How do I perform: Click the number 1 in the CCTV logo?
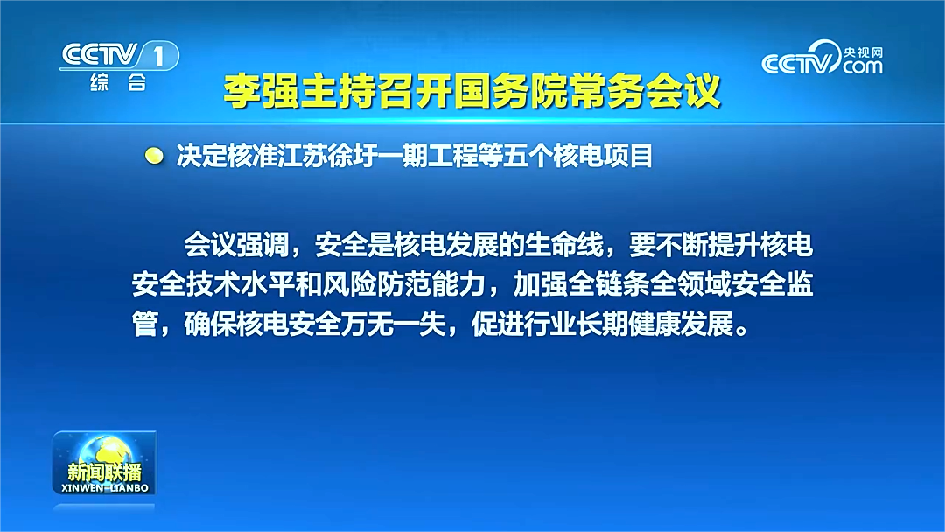(x=158, y=57)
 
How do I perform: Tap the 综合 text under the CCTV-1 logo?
(x=118, y=82)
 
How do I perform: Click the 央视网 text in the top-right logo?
(x=863, y=52)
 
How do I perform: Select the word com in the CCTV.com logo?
(x=863, y=66)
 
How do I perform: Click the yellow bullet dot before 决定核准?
(x=154, y=156)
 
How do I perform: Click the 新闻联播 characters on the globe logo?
(x=104, y=472)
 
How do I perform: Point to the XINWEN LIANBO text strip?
(x=105, y=488)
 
